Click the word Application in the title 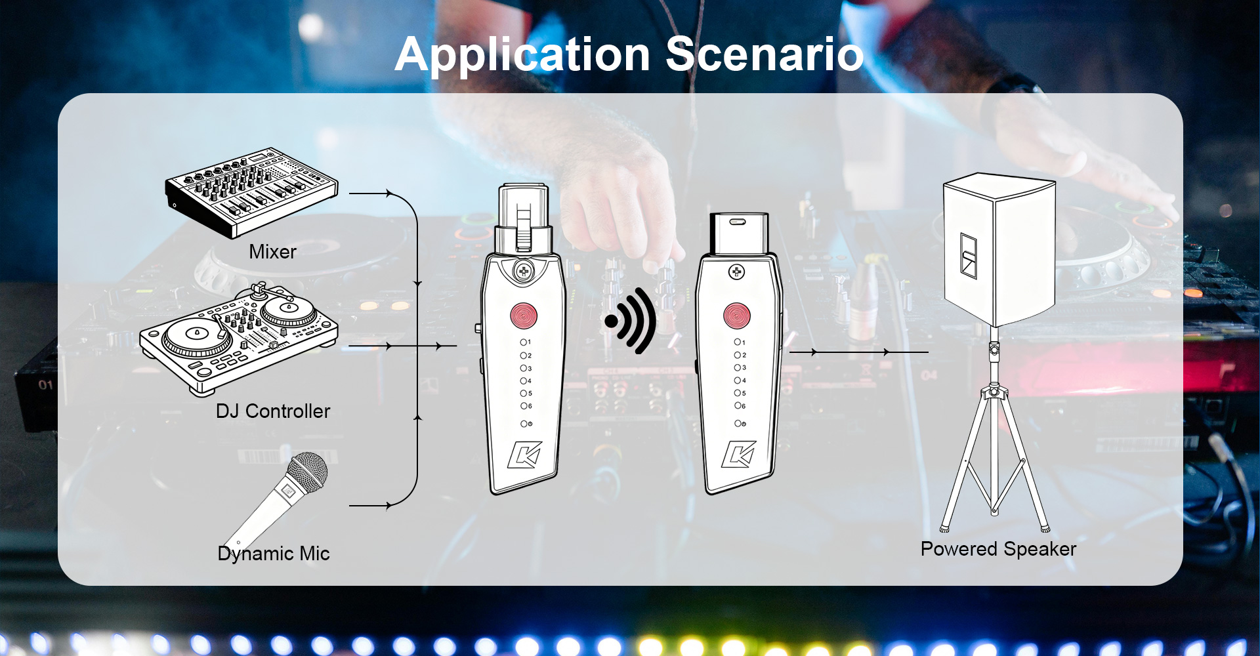click(522, 55)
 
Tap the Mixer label click(272, 252)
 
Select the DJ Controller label click(273, 411)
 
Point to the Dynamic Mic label click(274, 554)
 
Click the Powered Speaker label click(998, 549)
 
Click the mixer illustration click(251, 192)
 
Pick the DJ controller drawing click(238, 339)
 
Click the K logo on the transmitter click(525, 455)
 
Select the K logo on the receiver click(739, 454)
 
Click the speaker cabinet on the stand click(999, 249)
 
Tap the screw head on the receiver click(736, 272)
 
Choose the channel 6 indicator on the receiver click(740, 406)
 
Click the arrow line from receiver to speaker click(859, 352)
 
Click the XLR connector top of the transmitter click(523, 218)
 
